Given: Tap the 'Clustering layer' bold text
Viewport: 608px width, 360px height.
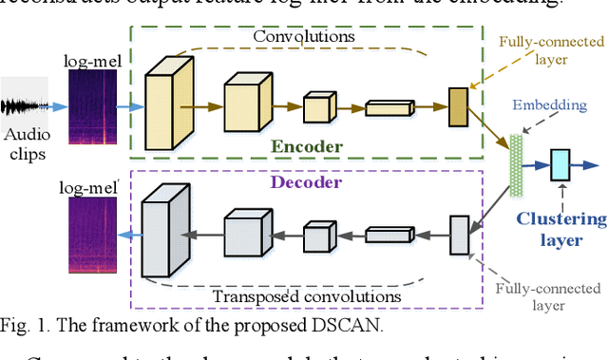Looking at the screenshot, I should [561, 230].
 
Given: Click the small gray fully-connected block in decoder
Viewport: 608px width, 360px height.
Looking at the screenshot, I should [460, 235].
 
